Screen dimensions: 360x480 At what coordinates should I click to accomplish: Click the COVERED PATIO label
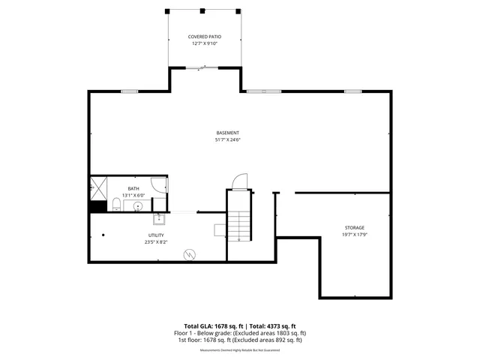click(x=203, y=37)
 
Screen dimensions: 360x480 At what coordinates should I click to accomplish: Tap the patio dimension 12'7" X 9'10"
click(x=203, y=43)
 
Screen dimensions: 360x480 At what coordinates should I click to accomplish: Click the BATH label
click(x=133, y=188)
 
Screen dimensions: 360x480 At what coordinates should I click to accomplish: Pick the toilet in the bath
click(x=116, y=205)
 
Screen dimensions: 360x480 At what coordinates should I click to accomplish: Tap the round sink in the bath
click(x=138, y=206)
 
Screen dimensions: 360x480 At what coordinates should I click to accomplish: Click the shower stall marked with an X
click(x=99, y=187)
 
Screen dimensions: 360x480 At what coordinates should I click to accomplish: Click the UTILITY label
click(x=156, y=235)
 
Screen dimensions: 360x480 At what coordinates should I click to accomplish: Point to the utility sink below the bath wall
click(x=159, y=219)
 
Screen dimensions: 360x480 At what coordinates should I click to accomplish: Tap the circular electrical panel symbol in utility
click(x=190, y=254)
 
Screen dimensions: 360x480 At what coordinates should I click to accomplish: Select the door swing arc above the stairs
click(x=238, y=181)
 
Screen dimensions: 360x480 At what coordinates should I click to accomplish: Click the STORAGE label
click(x=355, y=227)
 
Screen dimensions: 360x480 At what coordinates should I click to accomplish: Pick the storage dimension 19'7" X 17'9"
click(x=355, y=234)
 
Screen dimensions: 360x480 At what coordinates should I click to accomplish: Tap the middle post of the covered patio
click(x=202, y=10)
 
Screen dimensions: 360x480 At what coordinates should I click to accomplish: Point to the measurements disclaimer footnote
click(x=239, y=350)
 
